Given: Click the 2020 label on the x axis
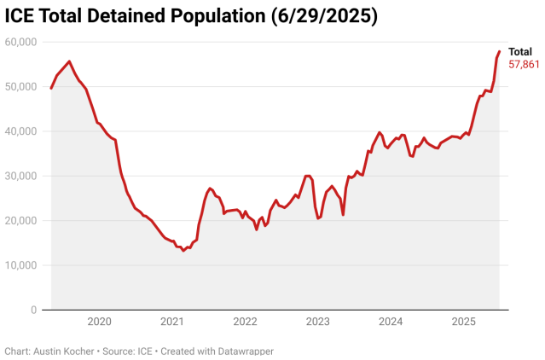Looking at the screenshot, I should [x=99, y=322].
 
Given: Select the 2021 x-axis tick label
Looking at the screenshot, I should [x=172, y=322].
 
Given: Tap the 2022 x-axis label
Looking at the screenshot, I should [x=245, y=322].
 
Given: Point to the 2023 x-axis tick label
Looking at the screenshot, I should [x=318, y=322].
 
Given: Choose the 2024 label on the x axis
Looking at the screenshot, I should [x=391, y=322].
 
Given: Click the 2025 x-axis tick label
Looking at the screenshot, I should [x=463, y=322].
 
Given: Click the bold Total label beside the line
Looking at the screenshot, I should [x=520, y=51].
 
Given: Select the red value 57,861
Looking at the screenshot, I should [x=524, y=64].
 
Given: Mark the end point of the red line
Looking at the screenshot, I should [x=499, y=52].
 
